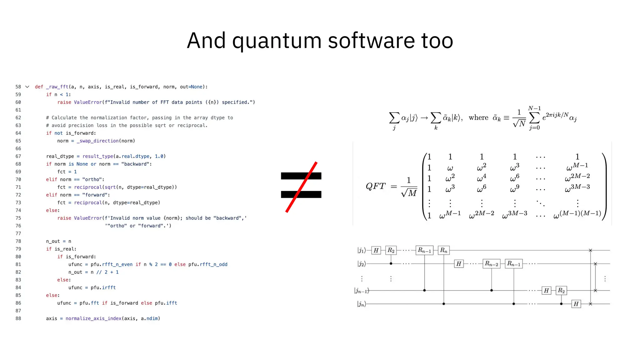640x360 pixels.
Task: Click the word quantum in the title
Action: click(x=277, y=41)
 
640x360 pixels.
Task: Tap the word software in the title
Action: click(x=371, y=41)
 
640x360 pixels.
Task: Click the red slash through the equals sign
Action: click(x=301, y=187)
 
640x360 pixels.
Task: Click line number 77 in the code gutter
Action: click(x=18, y=233)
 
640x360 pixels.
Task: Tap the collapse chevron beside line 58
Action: click(x=27, y=87)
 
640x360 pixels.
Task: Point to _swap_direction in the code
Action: click(x=97, y=141)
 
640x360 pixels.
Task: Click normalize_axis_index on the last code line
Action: click(x=93, y=318)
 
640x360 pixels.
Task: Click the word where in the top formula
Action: click(x=478, y=118)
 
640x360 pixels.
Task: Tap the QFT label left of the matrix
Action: click(x=375, y=186)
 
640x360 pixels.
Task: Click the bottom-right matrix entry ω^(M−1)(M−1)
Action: click(x=577, y=214)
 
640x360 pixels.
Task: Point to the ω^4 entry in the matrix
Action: click(x=481, y=178)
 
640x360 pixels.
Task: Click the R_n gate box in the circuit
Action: click(x=444, y=250)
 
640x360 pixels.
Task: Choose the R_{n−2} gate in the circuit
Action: click(x=491, y=264)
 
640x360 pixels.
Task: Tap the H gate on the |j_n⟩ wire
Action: click(x=576, y=304)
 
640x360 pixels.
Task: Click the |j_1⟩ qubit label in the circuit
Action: click(x=362, y=250)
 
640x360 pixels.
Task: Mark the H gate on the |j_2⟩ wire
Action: click(x=458, y=264)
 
